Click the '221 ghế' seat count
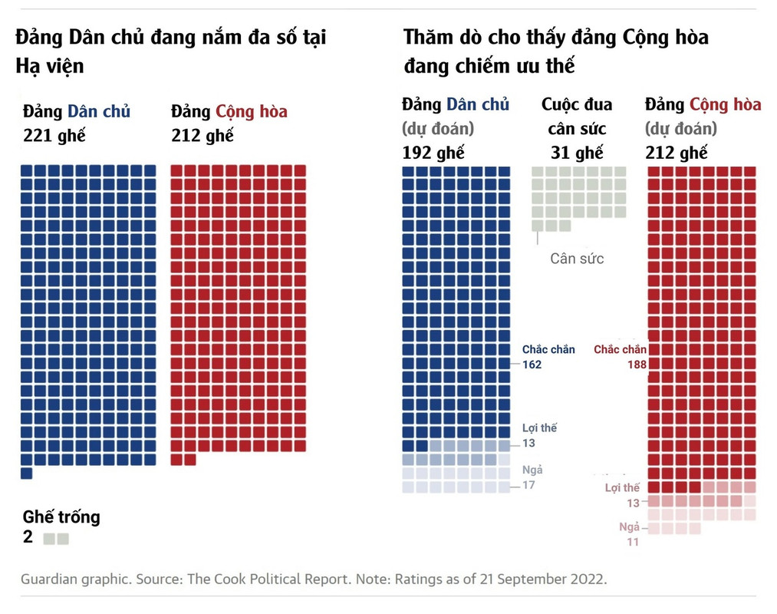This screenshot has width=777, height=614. click(x=54, y=137)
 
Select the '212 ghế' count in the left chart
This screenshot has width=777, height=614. click(x=202, y=137)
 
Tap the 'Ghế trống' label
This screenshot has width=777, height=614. click(x=61, y=517)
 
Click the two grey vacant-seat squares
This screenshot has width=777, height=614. click(x=56, y=539)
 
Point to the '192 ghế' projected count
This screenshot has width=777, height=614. click(x=433, y=152)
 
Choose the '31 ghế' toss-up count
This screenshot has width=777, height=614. click(x=577, y=152)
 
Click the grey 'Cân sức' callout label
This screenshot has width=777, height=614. click(x=577, y=258)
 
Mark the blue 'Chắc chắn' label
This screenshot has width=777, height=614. click(x=548, y=350)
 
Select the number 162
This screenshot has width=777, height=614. click(x=532, y=365)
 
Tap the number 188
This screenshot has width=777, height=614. click(x=637, y=365)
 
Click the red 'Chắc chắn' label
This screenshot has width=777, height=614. click(x=620, y=350)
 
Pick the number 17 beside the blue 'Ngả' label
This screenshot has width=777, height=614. click(x=528, y=485)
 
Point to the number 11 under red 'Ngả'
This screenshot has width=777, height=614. click(x=632, y=542)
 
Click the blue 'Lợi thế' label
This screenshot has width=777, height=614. click(x=539, y=428)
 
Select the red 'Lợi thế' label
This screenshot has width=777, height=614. click(x=622, y=488)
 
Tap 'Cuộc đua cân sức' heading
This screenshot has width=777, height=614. click(x=577, y=116)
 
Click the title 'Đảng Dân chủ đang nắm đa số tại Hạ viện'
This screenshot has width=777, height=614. click(x=170, y=51)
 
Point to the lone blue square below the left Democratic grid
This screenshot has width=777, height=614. click(x=27, y=474)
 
